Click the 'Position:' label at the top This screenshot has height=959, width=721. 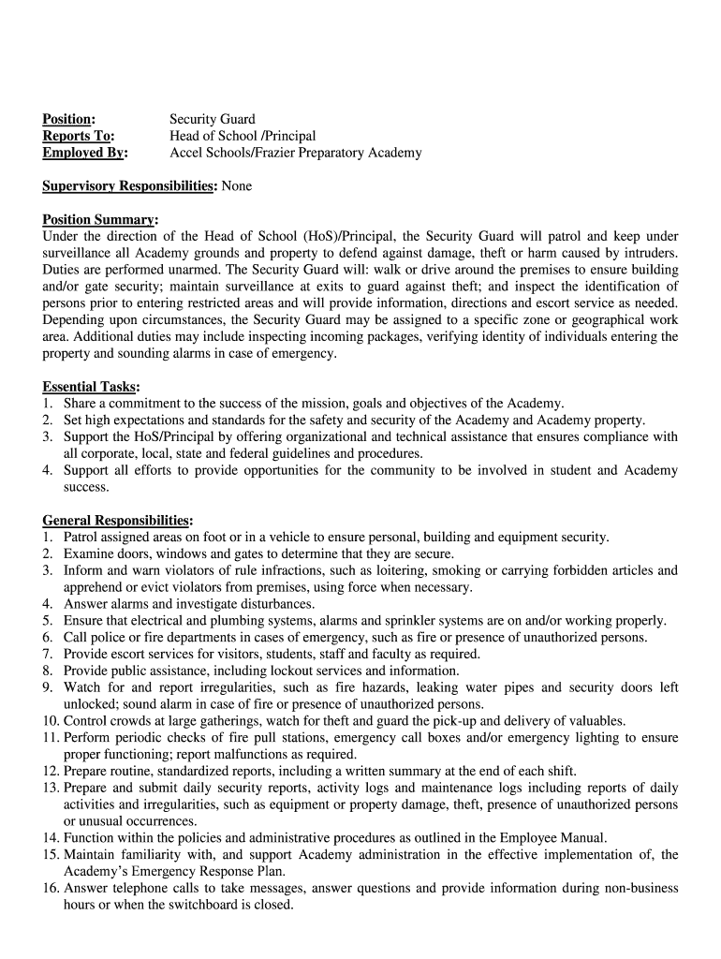point(68,119)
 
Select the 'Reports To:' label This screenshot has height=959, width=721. point(78,136)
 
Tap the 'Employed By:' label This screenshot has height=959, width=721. point(85,153)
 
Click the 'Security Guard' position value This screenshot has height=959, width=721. point(212,119)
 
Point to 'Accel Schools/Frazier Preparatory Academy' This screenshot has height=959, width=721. point(295,153)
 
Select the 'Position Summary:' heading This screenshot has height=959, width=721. point(100,220)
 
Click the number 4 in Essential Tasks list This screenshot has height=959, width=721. point(47,470)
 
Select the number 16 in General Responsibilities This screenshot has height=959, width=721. point(51,888)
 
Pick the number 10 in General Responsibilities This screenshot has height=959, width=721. point(51,721)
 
